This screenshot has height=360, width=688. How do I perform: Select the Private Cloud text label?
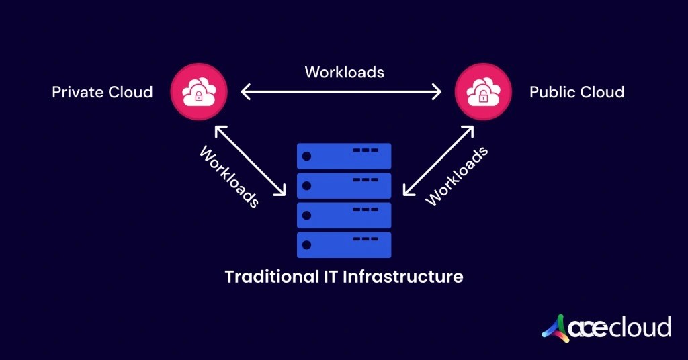click(x=102, y=92)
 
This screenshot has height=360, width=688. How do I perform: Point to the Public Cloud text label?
click(x=576, y=92)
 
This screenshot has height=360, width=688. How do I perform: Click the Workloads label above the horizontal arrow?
click(x=344, y=72)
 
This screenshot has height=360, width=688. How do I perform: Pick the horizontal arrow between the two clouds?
click(x=341, y=92)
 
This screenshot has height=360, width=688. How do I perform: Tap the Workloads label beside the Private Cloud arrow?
click(x=229, y=177)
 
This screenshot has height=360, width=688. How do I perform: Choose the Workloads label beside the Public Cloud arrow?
click(x=457, y=176)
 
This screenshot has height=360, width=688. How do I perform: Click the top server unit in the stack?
click(x=344, y=156)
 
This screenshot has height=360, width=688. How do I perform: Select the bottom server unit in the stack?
click(x=344, y=245)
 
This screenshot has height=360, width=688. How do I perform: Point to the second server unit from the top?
click(x=344, y=185)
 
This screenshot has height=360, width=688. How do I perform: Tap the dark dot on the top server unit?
click(x=307, y=156)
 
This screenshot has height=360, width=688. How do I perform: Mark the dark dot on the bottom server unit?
click(x=307, y=245)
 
